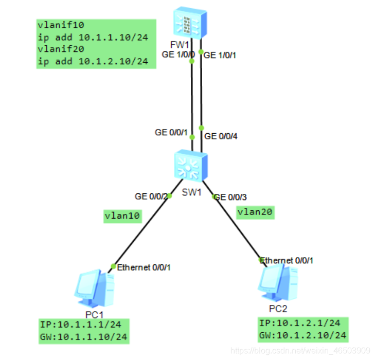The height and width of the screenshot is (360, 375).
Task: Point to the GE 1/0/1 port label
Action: click(x=221, y=56)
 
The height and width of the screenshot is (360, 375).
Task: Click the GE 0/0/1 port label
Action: click(x=171, y=132)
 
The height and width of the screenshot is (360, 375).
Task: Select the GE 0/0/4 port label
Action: click(x=221, y=136)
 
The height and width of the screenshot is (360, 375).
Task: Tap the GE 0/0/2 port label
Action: click(x=151, y=196)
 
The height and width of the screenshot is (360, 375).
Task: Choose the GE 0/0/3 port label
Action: click(x=231, y=197)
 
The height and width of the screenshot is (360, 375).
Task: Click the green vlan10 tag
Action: click(x=122, y=216)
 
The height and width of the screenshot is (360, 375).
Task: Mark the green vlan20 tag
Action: click(x=255, y=211)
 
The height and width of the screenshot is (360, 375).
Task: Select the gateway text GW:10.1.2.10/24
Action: click(x=302, y=336)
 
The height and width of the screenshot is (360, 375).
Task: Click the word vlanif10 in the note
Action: click(x=57, y=25)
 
